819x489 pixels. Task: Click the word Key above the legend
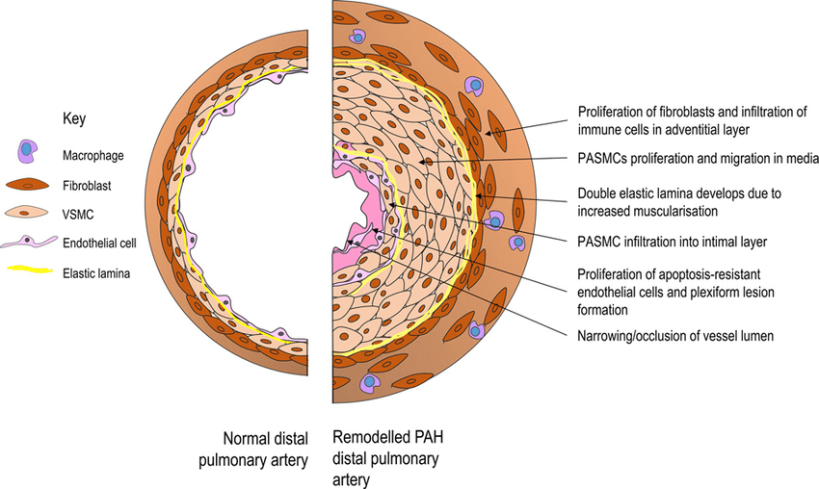coord(74,120)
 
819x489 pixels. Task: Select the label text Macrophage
coord(93,153)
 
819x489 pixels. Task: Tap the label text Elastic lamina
coord(96,273)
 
